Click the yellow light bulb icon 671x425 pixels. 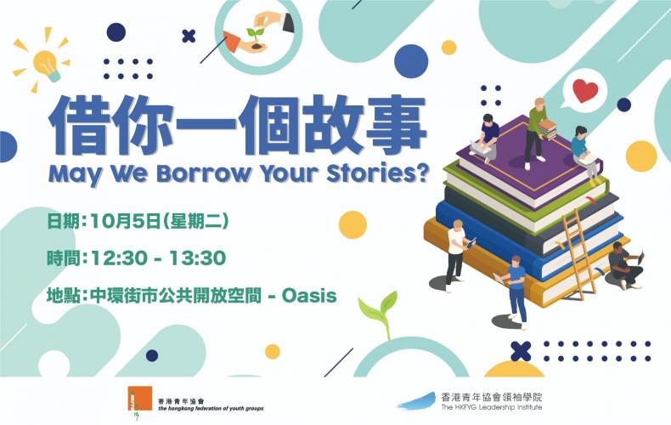coord(46,65)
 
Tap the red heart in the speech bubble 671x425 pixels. coord(585,90)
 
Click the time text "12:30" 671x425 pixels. coord(120,258)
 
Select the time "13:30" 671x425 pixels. coord(197,258)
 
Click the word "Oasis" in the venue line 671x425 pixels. coord(309,296)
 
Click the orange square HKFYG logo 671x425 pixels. coord(139,399)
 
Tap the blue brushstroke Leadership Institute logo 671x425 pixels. coord(417,401)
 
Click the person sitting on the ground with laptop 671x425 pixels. coord(625,264)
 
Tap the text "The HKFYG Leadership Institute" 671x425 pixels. coord(492,407)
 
